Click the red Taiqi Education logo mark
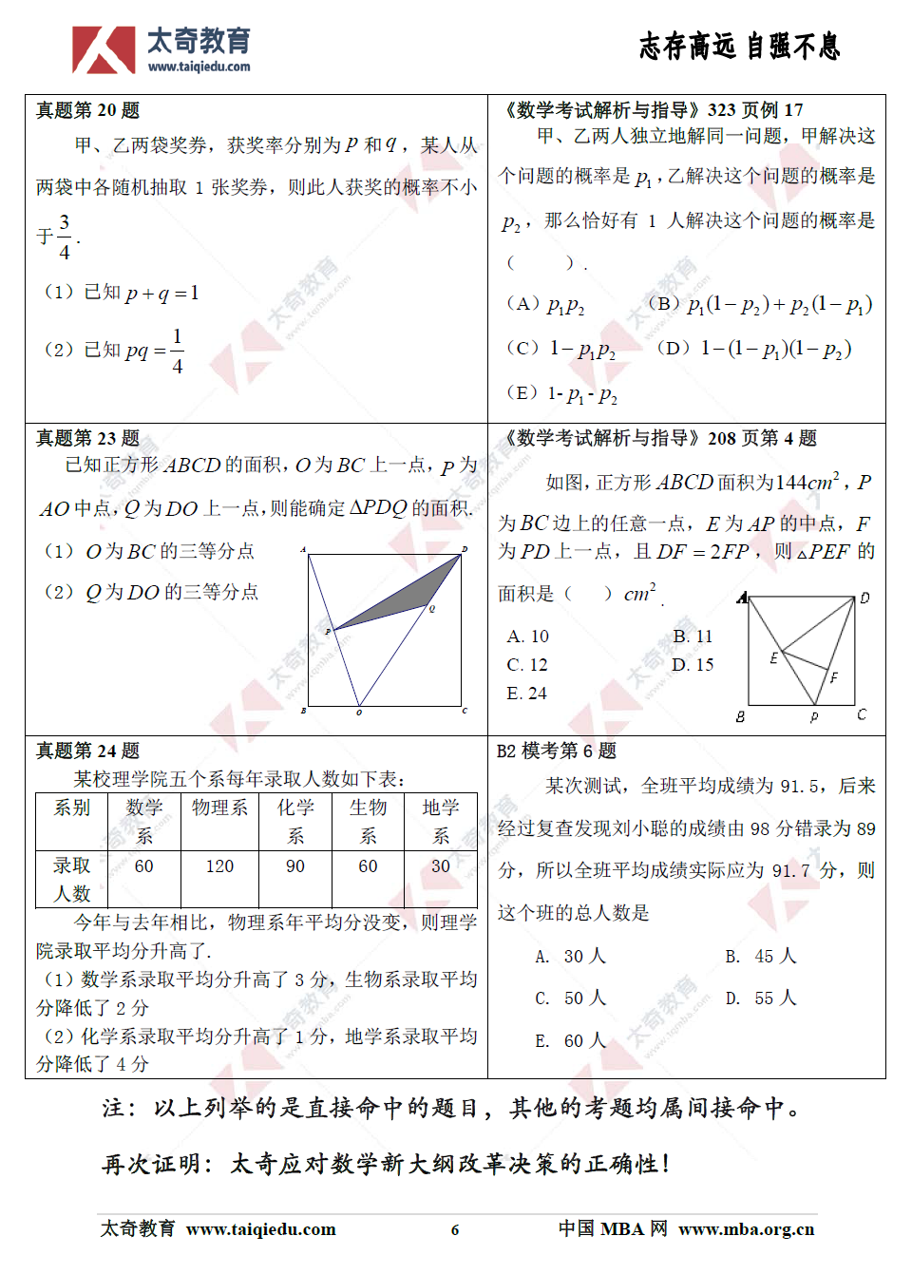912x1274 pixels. coord(103,49)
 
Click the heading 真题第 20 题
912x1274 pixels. coord(87,111)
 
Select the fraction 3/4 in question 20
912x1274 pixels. coord(65,237)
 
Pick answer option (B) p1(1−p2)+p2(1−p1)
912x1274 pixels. coord(760,305)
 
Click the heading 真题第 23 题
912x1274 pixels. coord(87,438)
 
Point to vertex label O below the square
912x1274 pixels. coord(359,713)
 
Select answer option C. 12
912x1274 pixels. coord(527,665)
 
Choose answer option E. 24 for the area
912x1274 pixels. coord(527,694)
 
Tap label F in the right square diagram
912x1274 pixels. coord(834,677)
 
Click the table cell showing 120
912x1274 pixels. coord(219,866)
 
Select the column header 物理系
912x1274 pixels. coord(219,808)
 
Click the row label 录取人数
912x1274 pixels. coord(72,880)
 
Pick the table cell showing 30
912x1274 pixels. coord(441,866)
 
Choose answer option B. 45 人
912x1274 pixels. coord(761,956)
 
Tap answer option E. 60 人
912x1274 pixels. coord(570,1041)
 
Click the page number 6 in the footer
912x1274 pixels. coord(455,1230)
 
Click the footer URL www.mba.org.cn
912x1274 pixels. coord(747,1229)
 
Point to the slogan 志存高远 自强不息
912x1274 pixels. coord(739,46)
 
